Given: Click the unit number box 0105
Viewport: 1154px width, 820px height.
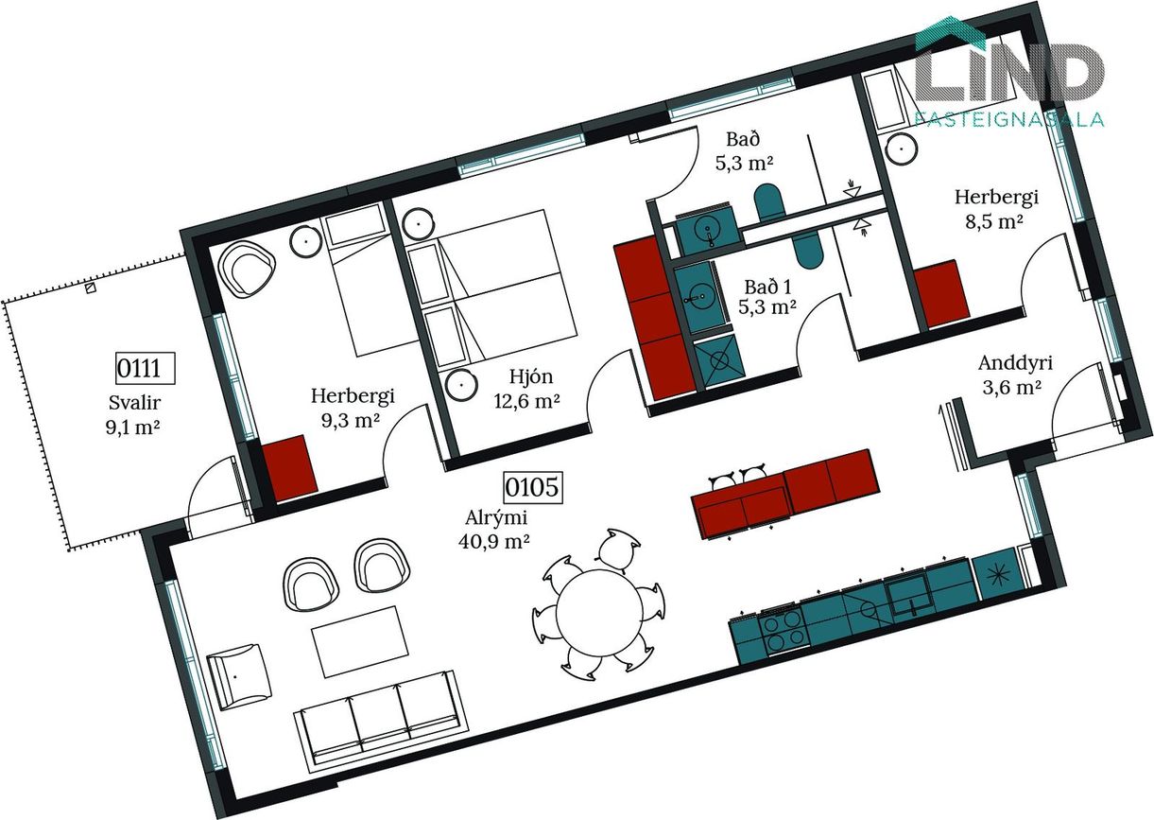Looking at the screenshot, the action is (533, 487).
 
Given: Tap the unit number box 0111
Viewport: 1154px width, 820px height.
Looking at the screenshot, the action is (146, 368).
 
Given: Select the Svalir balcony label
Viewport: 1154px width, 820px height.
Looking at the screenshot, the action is (135, 403).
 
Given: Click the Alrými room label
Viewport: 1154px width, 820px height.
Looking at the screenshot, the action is (496, 517).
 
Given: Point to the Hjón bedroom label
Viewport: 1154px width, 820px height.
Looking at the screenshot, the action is (531, 376).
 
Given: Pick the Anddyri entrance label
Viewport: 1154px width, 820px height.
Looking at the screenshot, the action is (1015, 363).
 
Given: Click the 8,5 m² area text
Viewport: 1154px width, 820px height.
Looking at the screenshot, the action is (994, 221).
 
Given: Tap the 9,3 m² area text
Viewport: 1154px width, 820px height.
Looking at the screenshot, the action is (351, 420).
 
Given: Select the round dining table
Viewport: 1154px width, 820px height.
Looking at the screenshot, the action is (598, 612).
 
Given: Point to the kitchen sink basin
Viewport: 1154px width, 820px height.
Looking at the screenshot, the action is (910, 597).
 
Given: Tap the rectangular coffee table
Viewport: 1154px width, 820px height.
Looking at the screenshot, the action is (361, 641).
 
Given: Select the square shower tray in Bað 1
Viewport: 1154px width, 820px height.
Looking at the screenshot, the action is (718, 360).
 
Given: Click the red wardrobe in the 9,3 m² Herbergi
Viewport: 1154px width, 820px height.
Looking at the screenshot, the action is (289, 467).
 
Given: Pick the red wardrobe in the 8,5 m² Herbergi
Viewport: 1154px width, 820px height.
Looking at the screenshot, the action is (941, 293).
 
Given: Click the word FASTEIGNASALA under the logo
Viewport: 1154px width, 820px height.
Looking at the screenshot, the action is (1009, 119).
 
